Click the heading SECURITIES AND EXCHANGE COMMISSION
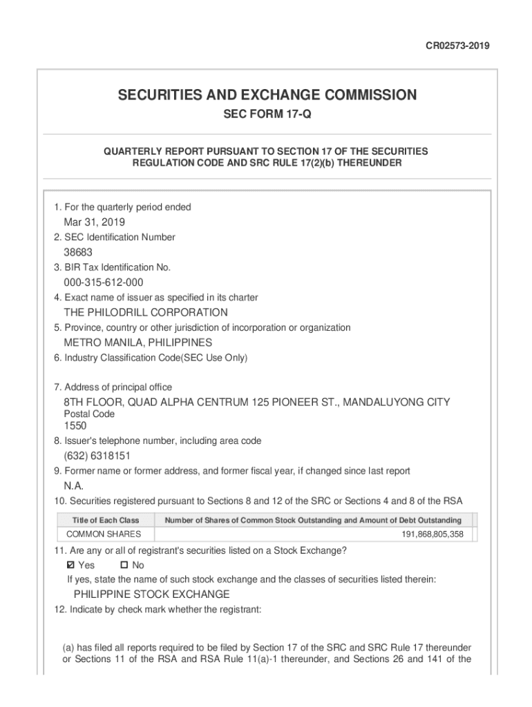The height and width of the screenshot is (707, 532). point(266,95)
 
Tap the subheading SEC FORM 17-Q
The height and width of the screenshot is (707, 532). point(267,115)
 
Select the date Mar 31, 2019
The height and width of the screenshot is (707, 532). point(95,222)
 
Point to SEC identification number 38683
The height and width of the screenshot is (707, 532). point(78,253)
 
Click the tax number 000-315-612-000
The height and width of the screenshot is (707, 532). point(104,282)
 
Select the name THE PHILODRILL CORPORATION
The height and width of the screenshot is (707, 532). point(146,313)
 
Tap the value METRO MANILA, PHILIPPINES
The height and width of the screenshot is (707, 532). point(138,342)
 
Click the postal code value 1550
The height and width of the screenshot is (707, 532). point(75,426)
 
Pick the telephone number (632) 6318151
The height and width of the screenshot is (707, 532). point(97,456)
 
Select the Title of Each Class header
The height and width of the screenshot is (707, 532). point(106,520)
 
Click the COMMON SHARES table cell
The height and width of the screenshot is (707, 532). point(104,534)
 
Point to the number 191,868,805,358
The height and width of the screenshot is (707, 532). point(433,534)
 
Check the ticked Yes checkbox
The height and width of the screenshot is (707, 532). point(69,565)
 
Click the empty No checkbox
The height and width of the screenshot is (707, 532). point(115,565)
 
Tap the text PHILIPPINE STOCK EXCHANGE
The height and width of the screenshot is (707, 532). point(152,594)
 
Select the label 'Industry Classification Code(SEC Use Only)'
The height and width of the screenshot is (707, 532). point(150,358)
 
